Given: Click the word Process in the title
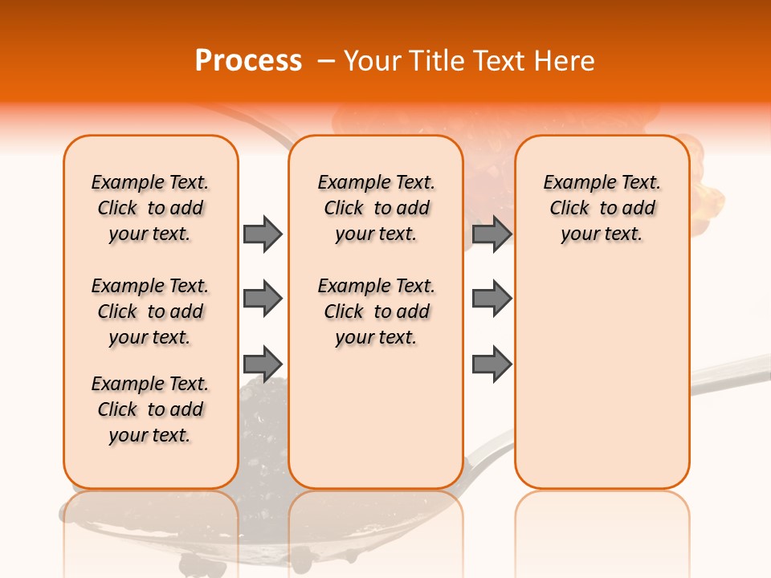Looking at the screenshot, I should pos(248,61).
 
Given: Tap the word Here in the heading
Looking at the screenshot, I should pos(566,61).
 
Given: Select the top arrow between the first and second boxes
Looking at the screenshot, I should pos(263,234).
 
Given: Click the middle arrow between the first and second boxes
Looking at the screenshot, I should pos(263,299).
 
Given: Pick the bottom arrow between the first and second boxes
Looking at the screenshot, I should pos(263,363).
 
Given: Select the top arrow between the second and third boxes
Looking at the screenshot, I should pos(492,234).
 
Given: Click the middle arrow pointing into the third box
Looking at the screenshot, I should pos(492,299).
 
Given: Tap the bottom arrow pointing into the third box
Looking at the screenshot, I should pos(492,363).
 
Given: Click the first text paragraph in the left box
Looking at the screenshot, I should pos(150,208).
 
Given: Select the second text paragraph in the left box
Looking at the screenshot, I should pos(150,311).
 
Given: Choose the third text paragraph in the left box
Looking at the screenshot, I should pos(150,409).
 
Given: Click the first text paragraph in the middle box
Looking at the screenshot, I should pos(376,208).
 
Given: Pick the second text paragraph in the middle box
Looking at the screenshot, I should pos(376,311).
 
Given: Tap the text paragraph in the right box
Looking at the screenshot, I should pos(602,208).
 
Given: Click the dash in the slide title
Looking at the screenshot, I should pos(326,61).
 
